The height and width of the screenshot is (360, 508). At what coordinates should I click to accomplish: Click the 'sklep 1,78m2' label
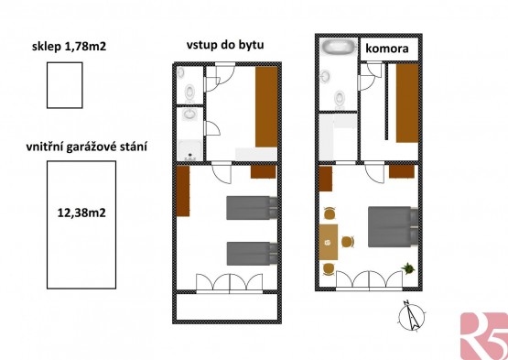coord(69,47)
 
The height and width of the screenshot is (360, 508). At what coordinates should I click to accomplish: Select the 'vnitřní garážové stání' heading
coord(87,147)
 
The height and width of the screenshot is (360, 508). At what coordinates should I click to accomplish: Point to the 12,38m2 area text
coord(81,213)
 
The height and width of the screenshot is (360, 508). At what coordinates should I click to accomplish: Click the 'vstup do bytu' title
coord(225,45)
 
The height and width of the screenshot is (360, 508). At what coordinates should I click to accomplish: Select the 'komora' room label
coord(387,49)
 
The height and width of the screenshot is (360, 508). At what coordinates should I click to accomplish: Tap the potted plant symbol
coord(408,268)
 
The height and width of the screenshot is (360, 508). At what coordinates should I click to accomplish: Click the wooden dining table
coord(329,242)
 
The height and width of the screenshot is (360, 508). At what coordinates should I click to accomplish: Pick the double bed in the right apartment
coord(393,227)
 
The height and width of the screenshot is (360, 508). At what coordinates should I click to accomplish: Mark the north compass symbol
coord(412,316)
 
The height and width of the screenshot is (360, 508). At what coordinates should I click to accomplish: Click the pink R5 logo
coord(484,336)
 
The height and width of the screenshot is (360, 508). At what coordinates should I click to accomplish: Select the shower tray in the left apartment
coord(190,150)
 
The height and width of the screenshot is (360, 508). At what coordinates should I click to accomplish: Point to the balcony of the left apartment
coord(227,307)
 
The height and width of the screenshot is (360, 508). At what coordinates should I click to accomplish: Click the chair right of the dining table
coord(347,242)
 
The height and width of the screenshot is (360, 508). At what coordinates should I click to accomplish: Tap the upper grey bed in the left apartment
coord(252,208)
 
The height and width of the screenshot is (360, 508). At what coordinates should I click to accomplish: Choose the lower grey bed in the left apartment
coord(252,254)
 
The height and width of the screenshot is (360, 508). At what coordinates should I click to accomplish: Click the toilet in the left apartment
coord(189,92)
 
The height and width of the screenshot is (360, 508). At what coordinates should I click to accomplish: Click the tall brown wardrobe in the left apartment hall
coord(266,107)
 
